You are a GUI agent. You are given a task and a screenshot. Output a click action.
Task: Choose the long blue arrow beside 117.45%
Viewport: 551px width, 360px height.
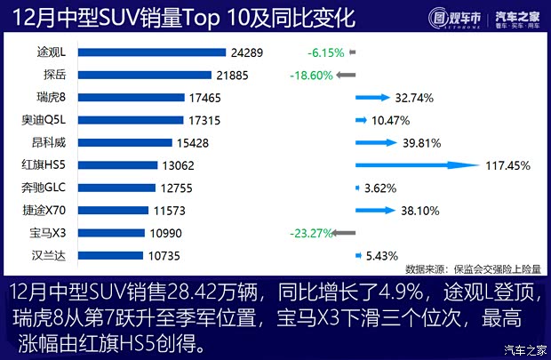pyautogui.click(x=418, y=164)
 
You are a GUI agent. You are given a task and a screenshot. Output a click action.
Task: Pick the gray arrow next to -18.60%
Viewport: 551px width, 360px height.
pyautogui.click(x=346, y=75)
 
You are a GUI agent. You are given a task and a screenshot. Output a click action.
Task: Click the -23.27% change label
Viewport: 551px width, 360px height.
pyautogui.click(x=311, y=233)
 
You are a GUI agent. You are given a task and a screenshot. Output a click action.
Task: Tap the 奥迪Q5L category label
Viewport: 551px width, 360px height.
pyautogui.click(x=44, y=119)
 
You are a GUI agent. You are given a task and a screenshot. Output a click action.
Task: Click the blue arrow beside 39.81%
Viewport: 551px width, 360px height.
pyautogui.click(x=382, y=141)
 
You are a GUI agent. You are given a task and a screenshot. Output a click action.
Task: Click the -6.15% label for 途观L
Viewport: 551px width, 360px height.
pyautogui.click(x=323, y=52)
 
